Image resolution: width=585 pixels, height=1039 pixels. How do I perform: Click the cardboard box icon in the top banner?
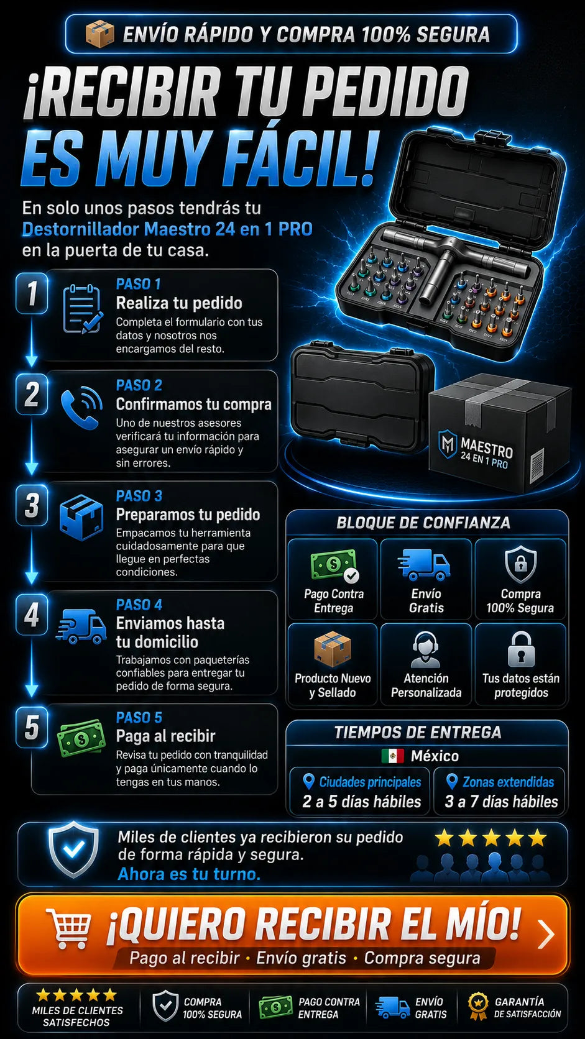click(99, 34)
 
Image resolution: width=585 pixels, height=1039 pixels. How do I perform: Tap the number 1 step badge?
click(32, 293)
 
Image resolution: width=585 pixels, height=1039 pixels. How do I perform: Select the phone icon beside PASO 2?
click(81, 407)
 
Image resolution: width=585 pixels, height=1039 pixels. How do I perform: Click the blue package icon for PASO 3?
click(81, 517)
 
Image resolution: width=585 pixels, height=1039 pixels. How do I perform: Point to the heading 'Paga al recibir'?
click(165, 736)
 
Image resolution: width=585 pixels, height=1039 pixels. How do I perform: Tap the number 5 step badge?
click(32, 727)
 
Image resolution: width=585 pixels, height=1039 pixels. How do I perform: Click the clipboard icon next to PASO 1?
click(83, 309)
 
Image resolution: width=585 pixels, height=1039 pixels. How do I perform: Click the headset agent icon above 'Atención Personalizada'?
click(426, 649)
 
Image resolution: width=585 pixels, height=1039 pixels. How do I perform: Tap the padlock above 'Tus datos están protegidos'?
click(522, 649)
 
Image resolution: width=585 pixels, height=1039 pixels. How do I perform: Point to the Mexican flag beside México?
click(392, 756)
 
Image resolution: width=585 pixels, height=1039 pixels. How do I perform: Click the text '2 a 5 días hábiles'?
click(361, 802)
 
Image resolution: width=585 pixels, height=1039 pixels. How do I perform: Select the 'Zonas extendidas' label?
click(508, 782)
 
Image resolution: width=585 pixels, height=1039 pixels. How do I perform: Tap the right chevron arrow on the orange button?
click(546, 934)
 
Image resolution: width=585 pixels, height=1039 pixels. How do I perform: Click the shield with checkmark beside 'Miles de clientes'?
click(73, 849)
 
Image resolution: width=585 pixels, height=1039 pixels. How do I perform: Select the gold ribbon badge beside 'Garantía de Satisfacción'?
click(478, 1007)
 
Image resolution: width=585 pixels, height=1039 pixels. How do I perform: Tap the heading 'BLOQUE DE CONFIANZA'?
click(423, 523)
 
